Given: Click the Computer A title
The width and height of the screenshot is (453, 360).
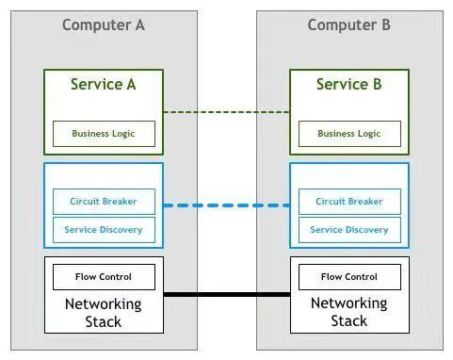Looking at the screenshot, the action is coord(104,25).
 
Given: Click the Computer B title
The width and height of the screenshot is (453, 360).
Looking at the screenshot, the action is coord(349,25).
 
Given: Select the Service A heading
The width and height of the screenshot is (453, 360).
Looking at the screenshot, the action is coord(104,84).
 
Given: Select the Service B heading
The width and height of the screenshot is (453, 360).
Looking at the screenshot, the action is coord(349,84).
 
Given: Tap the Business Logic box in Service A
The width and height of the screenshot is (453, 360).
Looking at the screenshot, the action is coord(104,134).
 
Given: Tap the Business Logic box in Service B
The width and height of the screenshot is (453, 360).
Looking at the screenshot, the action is coord(349,134).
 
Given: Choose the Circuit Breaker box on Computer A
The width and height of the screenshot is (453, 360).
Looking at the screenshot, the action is coord(104,202).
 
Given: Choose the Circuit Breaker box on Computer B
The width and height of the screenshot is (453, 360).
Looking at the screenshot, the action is coord(349,202).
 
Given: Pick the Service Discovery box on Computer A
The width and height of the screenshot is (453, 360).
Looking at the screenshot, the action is coord(104,230).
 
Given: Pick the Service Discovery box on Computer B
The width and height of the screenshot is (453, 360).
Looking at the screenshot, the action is coord(349,230).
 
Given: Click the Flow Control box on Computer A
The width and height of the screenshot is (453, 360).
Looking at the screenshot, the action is coord(104,277).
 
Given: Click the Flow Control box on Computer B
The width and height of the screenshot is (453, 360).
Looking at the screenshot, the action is coord(349,277).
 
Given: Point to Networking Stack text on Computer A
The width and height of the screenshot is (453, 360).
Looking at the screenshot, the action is coord(104,313).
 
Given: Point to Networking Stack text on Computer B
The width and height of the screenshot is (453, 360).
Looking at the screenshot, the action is coord(349,312).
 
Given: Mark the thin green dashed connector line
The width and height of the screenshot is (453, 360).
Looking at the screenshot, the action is coord(227,112).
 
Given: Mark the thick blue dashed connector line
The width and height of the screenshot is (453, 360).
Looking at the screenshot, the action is coord(227,205).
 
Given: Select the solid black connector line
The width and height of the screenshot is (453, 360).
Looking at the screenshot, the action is coord(227,294).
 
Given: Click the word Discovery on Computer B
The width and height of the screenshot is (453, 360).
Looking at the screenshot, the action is coord(367,230).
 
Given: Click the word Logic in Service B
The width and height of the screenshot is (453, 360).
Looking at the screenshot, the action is coord(369,134).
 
